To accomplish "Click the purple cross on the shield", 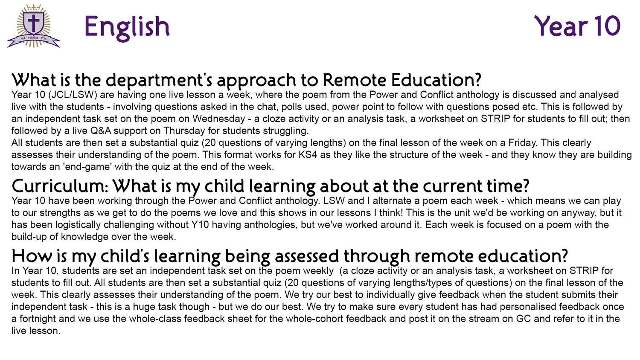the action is [x=34, y=23].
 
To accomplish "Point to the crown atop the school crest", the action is [x=34, y=8].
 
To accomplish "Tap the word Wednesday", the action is [x=218, y=119].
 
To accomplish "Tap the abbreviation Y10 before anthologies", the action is [x=199, y=224].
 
